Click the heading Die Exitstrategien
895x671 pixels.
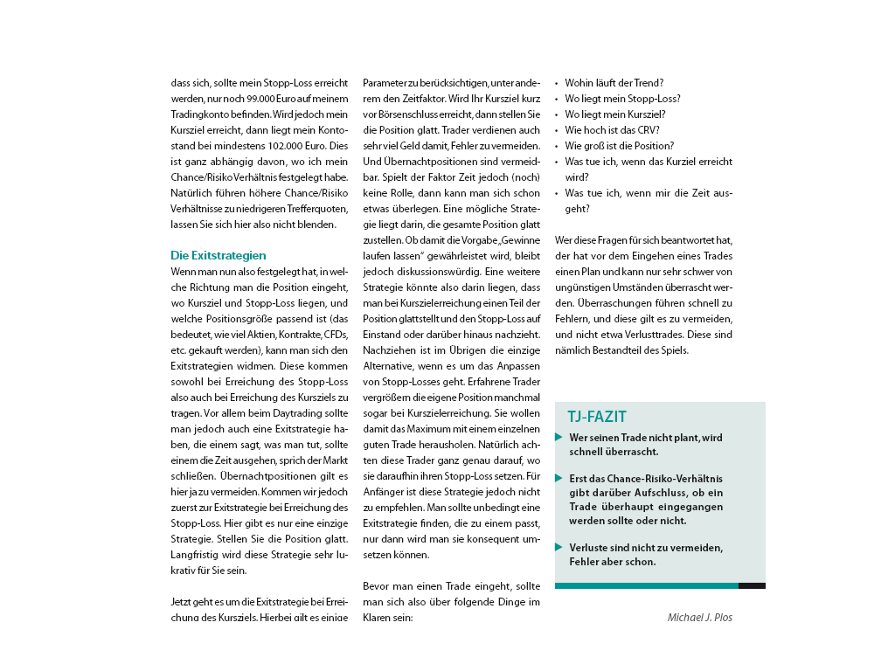pyautogui.click(x=219, y=256)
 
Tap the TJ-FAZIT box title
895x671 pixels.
pyautogui.click(x=597, y=417)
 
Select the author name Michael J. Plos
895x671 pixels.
pyautogui.click(x=700, y=617)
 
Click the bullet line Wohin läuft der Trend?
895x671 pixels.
pyautogui.click(x=614, y=83)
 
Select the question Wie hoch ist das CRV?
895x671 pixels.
pyautogui.click(x=612, y=130)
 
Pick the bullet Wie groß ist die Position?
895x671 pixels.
pyautogui.click(x=619, y=146)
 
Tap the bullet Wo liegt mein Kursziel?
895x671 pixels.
pyautogui.click(x=615, y=114)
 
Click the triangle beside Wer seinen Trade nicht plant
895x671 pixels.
pyautogui.click(x=559, y=437)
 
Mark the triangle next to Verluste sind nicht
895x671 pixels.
pyautogui.click(x=559, y=547)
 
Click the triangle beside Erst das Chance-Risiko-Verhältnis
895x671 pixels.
pyautogui.click(x=559, y=478)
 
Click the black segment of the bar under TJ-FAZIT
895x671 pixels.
pyautogui.click(x=752, y=585)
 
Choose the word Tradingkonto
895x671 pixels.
pyautogui.click(x=200, y=114)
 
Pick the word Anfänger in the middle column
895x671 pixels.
pyautogui.click(x=382, y=492)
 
